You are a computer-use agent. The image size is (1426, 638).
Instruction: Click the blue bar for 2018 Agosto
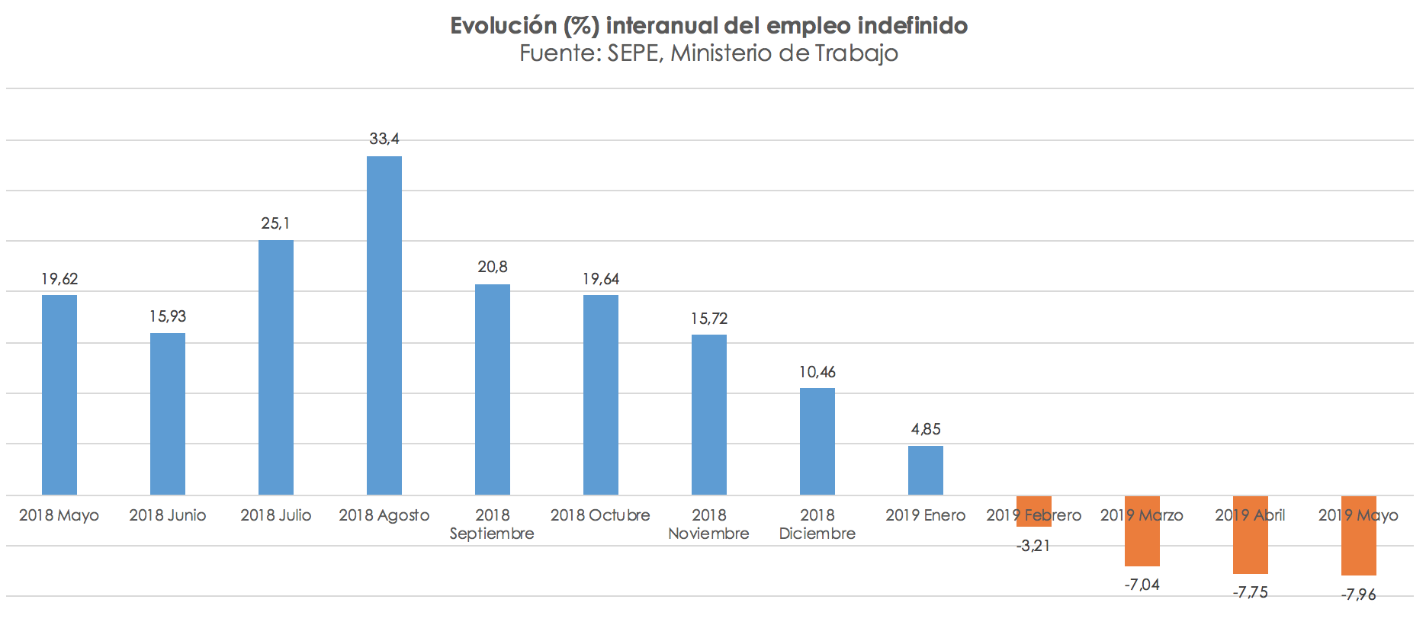point(384,325)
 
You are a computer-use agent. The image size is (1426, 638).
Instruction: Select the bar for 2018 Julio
point(276,367)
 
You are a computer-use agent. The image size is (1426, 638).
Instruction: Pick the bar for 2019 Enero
point(926,470)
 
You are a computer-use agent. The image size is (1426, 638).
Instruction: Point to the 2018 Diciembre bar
point(817,441)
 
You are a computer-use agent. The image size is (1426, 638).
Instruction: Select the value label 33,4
point(384,139)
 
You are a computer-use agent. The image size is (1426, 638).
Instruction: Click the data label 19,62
point(59,279)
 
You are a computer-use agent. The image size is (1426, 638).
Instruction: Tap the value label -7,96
point(1359,595)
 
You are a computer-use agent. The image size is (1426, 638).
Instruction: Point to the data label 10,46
point(817,372)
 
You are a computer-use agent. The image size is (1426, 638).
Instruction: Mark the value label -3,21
point(1033,546)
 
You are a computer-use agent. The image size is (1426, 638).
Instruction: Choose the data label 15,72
point(709,319)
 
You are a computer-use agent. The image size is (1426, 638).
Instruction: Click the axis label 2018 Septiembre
point(492,524)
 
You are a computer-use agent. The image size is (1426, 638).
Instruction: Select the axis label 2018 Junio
point(168,515)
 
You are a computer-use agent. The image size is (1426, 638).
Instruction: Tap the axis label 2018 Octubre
point(600,515)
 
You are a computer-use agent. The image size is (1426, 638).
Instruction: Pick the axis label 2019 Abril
point(1250,515)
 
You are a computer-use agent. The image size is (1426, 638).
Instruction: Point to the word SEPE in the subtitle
point(634,53)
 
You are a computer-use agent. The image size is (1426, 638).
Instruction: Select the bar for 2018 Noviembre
point(709,415)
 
